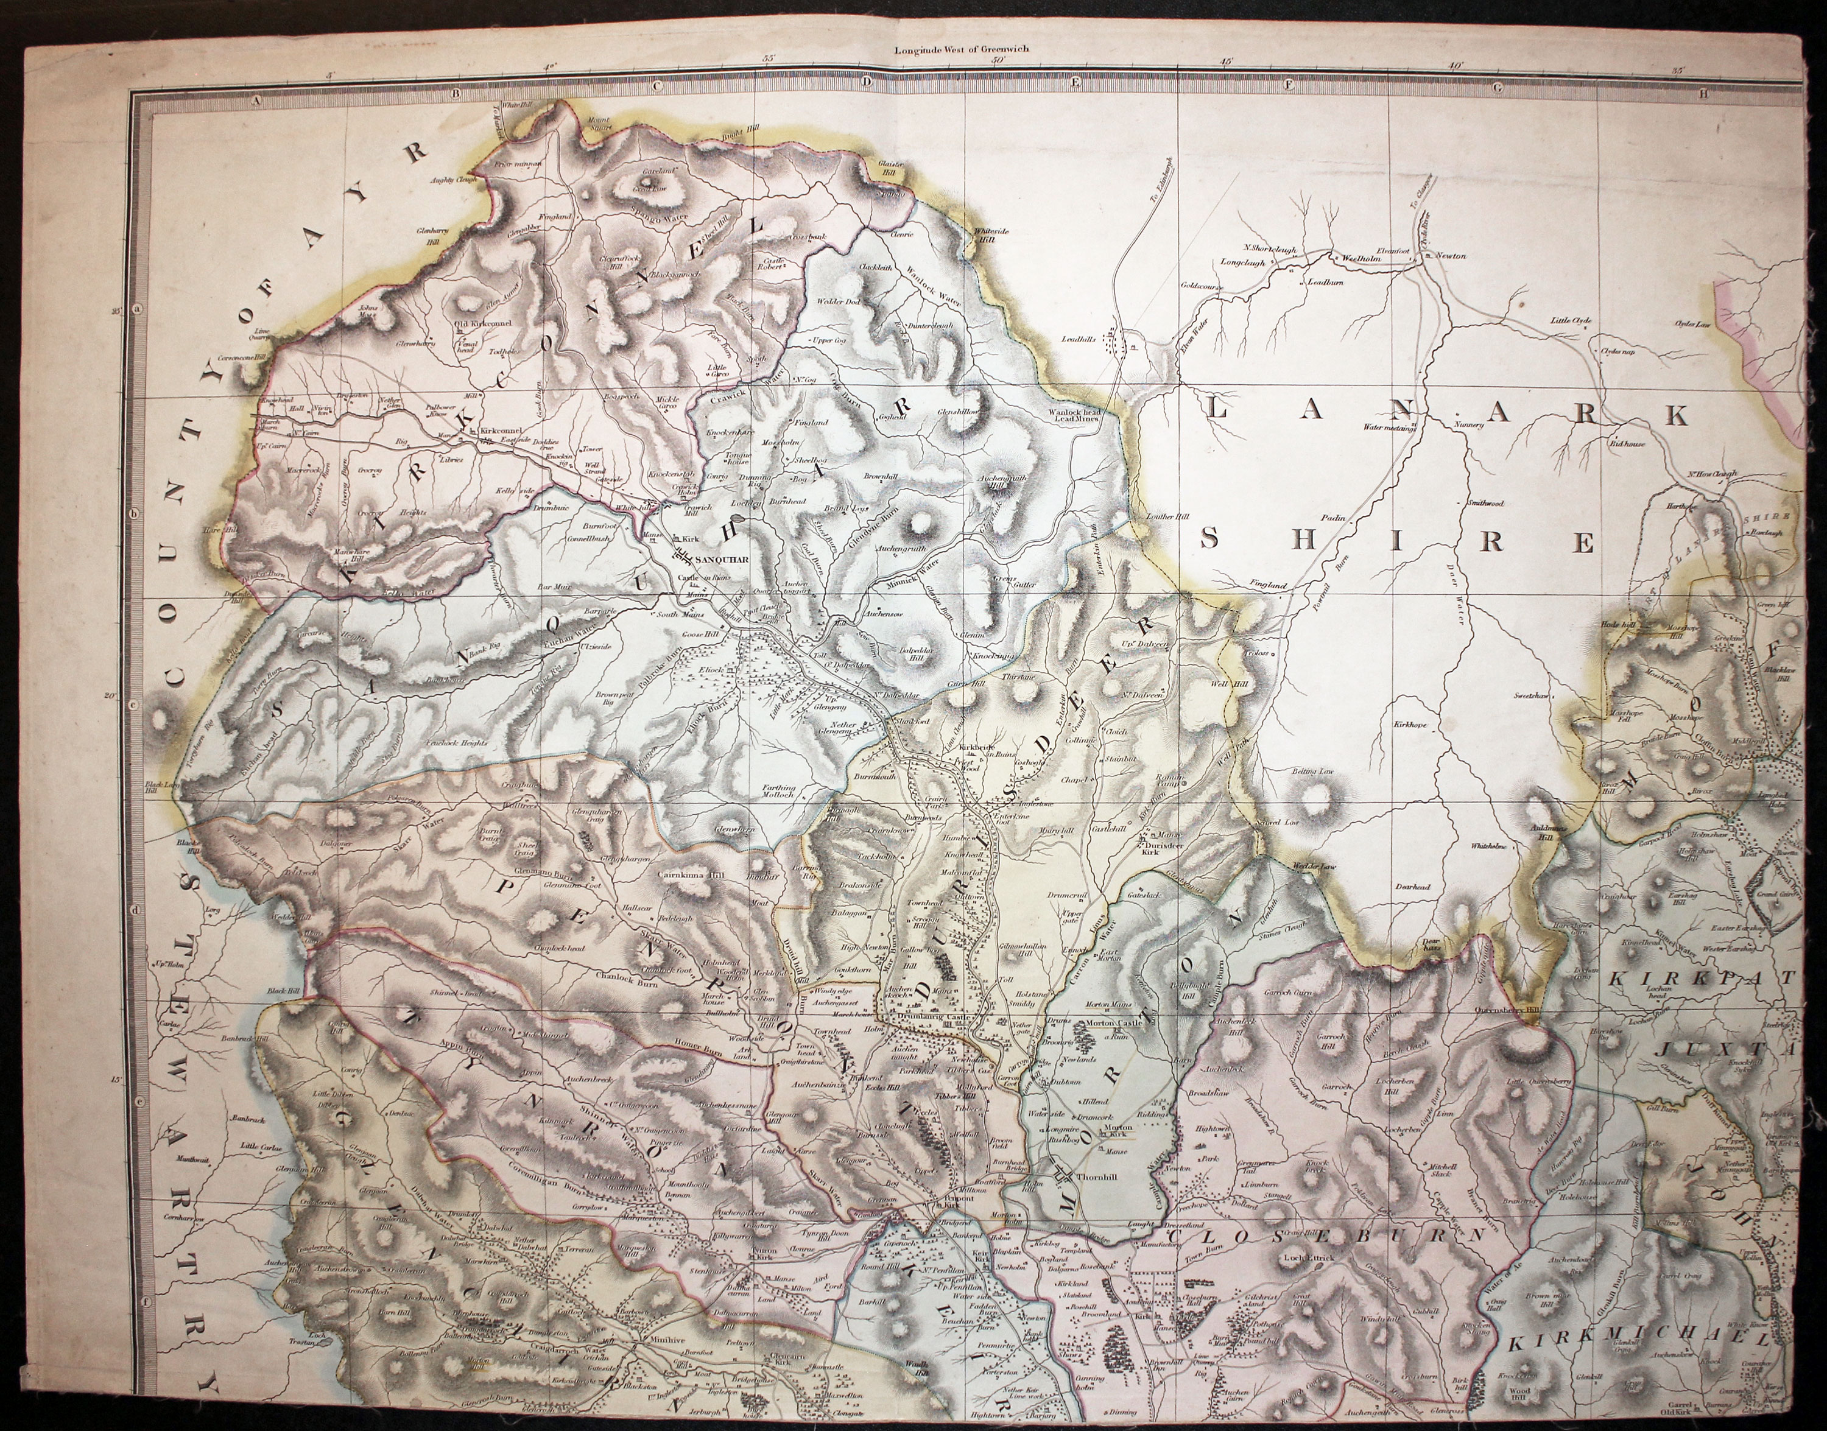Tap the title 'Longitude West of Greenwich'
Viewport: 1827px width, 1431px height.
[961, 49]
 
